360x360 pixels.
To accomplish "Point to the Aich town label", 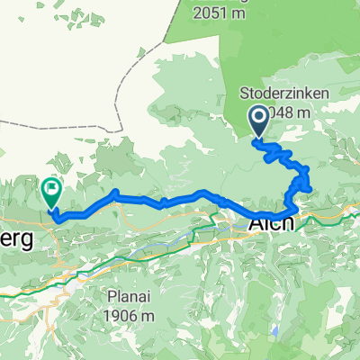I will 271,223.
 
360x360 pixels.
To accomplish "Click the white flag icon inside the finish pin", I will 51,189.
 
